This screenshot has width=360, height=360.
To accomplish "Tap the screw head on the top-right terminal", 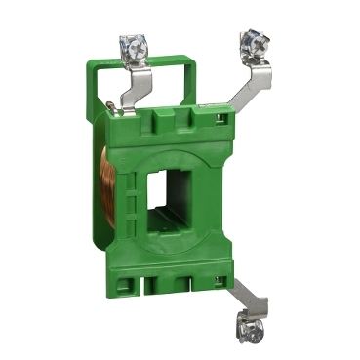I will (x=250, y=39).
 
